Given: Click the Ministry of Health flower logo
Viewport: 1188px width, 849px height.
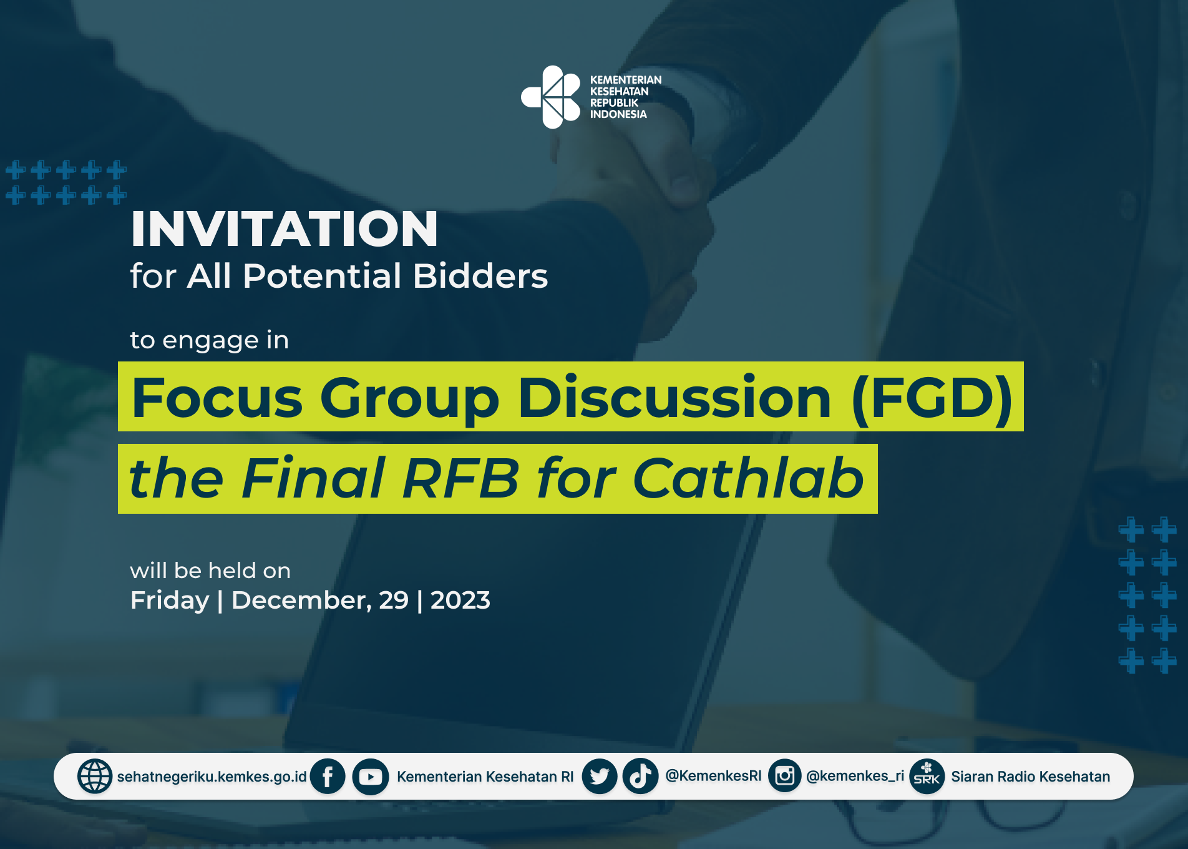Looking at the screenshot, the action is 551,97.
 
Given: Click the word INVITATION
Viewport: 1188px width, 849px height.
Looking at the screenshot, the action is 285,228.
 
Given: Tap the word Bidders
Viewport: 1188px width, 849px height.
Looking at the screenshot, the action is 480,276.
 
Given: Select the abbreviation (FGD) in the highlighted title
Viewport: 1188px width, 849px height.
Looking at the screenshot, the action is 932,399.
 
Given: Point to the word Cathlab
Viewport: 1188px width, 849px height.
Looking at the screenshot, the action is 748,478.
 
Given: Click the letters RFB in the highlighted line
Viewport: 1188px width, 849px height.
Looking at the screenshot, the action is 461,478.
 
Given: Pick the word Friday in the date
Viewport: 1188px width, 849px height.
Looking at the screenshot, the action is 170,601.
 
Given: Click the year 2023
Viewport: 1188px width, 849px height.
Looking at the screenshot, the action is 460,601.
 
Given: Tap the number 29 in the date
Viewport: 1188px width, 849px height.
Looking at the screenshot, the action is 394,601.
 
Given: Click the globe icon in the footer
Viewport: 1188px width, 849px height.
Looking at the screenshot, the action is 95,777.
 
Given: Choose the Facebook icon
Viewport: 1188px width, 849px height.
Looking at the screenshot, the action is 328,777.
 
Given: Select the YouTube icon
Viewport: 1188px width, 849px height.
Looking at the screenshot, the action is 371,777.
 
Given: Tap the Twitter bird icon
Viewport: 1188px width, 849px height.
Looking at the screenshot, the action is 600,777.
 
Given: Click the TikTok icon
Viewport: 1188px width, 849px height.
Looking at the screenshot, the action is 640,777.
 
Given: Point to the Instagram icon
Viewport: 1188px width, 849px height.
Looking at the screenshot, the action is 785,776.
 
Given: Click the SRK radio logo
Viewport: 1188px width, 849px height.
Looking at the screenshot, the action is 927,777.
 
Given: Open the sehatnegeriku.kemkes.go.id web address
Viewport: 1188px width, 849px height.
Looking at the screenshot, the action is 212,777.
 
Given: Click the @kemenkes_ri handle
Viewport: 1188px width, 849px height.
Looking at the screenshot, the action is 855,776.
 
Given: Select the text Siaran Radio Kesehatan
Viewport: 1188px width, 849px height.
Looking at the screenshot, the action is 1031,777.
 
